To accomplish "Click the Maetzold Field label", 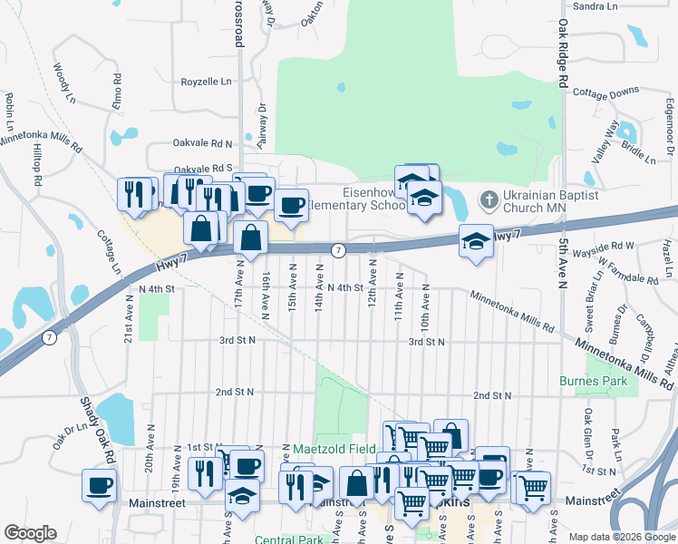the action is pos(334,449).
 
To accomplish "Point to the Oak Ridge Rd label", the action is pos(563,53).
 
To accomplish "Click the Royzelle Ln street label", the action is pos(207,82).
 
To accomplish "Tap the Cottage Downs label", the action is pos(606,93).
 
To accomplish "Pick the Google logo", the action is pos(30,533).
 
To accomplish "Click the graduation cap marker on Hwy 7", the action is pos(476,241).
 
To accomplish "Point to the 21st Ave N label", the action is pos(129,324).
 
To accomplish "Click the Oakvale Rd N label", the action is pos(203,143).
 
